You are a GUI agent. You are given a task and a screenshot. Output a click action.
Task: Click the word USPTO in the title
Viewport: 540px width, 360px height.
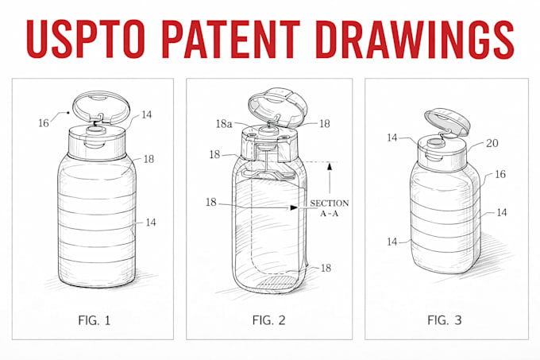[x=85, y=39]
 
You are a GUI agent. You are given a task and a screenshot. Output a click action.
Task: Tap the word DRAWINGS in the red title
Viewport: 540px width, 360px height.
[x=415, y=39]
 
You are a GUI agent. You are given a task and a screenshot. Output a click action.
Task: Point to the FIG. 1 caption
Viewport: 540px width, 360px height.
[x=94, y=320]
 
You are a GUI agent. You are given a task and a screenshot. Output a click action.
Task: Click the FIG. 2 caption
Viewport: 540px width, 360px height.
[x=268, y=320]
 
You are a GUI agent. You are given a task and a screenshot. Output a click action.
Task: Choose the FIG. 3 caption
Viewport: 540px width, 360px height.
[x=444, y=320]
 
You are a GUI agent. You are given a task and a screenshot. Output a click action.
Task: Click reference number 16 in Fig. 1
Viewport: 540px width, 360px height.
[x=44, y=123]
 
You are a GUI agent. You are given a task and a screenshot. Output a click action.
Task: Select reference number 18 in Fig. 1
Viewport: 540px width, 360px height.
[x=148, y=159]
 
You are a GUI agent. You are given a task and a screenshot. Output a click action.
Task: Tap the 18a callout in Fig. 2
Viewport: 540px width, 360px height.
[x=224, y=124]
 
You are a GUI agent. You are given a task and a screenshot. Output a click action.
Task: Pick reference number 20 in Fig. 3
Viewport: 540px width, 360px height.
[x=492, y=143]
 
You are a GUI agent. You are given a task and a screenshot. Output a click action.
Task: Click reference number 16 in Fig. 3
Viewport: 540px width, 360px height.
[x=500, y=174]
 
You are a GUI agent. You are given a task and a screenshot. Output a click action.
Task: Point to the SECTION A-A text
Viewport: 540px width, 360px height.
[x=330, y=208]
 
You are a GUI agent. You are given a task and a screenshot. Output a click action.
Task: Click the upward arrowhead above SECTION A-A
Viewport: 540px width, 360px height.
[x=330, y=166]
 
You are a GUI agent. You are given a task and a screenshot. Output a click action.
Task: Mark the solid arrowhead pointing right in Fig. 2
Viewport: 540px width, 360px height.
[x=294, y=207]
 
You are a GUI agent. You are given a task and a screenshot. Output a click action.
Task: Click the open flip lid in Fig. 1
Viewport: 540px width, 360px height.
[x=102, y=106]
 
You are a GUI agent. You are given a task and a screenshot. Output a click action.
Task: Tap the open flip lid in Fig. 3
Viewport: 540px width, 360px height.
[x=447, y=122]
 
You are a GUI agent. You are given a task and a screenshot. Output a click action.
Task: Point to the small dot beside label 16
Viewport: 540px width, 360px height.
[x=68, y=112]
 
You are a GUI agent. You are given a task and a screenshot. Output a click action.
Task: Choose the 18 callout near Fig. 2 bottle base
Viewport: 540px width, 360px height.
[x=326, y=268]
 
